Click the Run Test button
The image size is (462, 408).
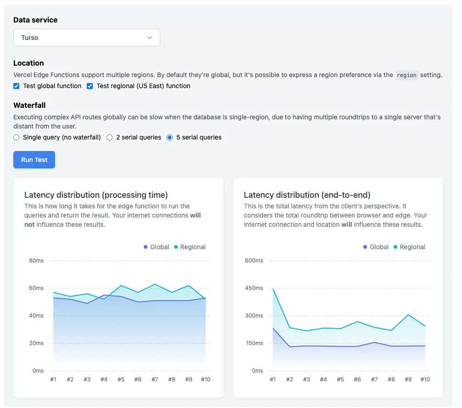pyautogui.click(x=34, y=160)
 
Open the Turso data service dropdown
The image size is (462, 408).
pyautogui.click(x=87, y=38)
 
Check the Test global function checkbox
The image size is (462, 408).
pyautogui.click(x=17, y=86)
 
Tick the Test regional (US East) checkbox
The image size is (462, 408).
pyautogui.click(x=90, y=86)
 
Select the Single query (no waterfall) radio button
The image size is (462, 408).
pyautogui.click(x=17, y=138)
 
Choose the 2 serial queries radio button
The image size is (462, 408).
pyautogui.click(x=110, y=138)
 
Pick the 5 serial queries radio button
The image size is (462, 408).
pyautogui.click(x=170, y=138)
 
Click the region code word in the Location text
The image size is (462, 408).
pyautogui.click(x=406, y=75)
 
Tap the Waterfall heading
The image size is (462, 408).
pyautogui.click(x=29, y=106)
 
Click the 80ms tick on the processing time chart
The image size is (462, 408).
pyautogui.click(x=36, y=261)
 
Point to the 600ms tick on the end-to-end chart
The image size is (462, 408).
pyautogui.click(x=254, y=261)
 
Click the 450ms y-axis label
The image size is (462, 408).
pyautogui.click(x=254, y=288)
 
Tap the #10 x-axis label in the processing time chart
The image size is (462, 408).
pyautogui.click(x=206, y=380)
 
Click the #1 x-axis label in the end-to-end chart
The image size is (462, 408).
pyautogui.click(x=273, y=380)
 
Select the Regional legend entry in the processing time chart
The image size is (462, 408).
pyautogui.click(x=190, y=247)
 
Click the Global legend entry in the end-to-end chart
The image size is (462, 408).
pyautogui.click(x=376, y=247)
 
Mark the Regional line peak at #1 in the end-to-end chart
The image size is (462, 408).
pyautogui.click(x=273, y=289)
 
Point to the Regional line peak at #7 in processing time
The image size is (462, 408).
pyautogui.click(x=155, y=284)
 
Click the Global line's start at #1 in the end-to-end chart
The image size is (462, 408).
pyautogui.click(x=273, y=328)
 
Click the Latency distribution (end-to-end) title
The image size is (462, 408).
pyautogui.click(x=307, y=195)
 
